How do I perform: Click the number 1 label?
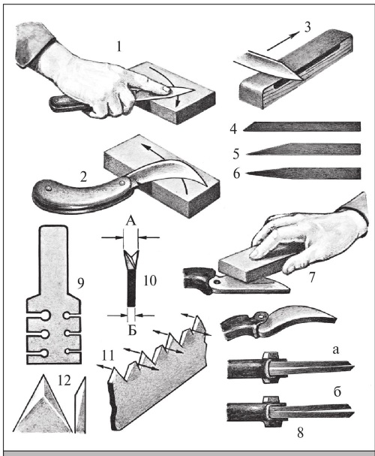click(x=118, y=47)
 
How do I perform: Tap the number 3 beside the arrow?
click(x=307, y=27)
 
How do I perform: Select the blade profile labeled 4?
click(x=301, y=126)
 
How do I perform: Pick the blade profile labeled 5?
click(x=303, y=149)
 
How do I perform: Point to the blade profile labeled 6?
click(x=303, y=174)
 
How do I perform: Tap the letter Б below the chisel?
click(x=132, y=331)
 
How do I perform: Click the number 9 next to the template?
click(x=80, y=282)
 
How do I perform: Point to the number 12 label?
click(x=64, y=380)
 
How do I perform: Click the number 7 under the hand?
click(x=312, y=278)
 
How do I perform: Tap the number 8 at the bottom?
click(x=300, y=433)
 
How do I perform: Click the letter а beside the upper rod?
click(x=336, y=350)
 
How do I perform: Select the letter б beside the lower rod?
click(x=337, y=391)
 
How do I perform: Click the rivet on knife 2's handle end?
click(x=48, y=189)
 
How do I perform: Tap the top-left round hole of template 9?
click(x=45, y=316)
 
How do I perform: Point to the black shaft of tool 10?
click(x=131, y=288)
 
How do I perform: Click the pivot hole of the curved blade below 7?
click(x=261, y=316)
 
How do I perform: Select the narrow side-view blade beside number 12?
click(x=80, y=405)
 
